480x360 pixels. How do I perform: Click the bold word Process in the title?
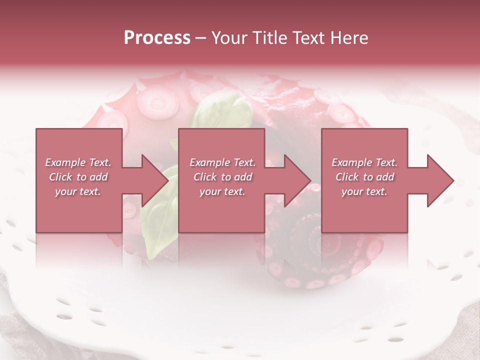point(157,38)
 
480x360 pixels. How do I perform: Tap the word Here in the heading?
point(348,38)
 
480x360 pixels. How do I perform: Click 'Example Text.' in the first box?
point(78,162)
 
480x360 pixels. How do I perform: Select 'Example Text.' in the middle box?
point(222,162)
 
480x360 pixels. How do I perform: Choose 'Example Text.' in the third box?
point(364,162)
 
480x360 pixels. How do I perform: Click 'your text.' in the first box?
point(78,191)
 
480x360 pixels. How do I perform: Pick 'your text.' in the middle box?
point(222,191)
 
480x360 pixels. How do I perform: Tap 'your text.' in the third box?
point(364,191)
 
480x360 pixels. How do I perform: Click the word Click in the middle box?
point(205,177)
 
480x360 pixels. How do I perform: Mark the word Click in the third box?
point(347,177)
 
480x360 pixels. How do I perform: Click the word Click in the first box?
point(60,177)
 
